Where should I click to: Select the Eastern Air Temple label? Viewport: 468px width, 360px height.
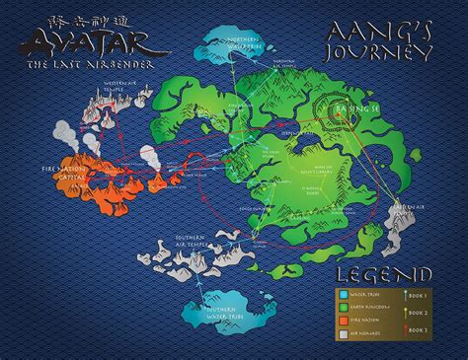(424, 204)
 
